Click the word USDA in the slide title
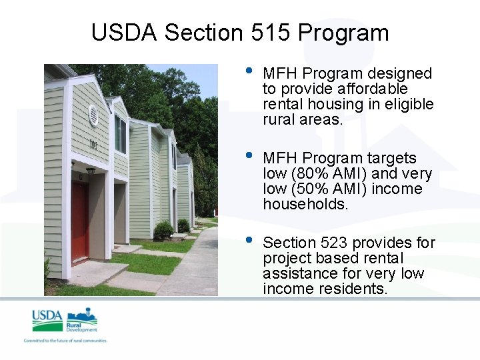(125, 32)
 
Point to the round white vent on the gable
(93, 115)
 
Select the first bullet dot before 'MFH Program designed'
(249, 71)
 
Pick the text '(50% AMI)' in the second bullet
(330, 189)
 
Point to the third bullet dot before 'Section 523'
(249, 241)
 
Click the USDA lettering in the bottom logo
(47, 316)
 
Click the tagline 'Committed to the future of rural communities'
(65, 341)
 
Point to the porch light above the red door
(90, 171)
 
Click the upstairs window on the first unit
(120, 134)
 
